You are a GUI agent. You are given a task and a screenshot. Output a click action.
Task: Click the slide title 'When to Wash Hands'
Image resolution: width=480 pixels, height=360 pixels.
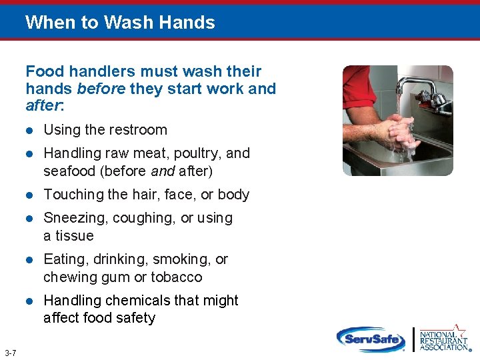click(x=120, y=23)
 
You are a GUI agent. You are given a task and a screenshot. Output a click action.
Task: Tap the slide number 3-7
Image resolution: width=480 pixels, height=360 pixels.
click(x=10, y=353)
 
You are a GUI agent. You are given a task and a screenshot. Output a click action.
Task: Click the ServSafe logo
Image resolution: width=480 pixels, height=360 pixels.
click(x=371, y=339)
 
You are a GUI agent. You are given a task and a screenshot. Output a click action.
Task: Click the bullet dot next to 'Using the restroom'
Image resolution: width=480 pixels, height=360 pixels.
click(x=29, y=131)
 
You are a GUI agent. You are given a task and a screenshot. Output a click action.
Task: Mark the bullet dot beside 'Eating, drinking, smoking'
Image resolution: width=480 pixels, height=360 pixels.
click(x=29, y=260)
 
